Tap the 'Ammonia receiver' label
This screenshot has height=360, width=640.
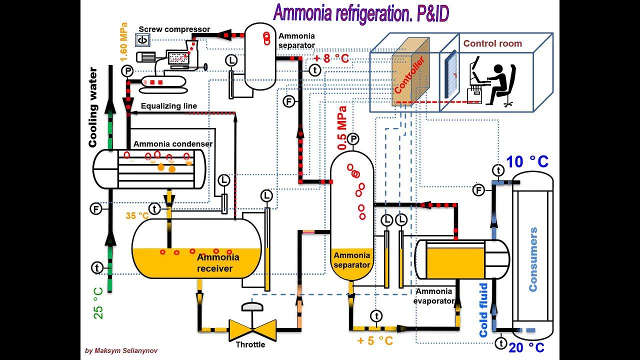pos(218,263)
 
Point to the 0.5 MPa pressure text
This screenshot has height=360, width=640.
pos(342,128)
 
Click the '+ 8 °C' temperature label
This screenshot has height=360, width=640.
pos(331,58)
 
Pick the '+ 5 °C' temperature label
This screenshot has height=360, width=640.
pos(375,341)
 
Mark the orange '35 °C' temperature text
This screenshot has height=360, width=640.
pos(137,216)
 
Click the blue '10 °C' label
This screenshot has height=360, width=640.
pos(527,161)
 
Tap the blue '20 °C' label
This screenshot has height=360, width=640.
pos(526,347)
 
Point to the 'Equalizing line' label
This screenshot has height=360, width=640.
pos(168,106)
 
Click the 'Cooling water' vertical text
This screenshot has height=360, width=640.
pos(93,107)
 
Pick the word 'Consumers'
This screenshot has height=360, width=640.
pos(533,259)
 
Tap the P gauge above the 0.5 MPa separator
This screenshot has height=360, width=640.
pos(353,139)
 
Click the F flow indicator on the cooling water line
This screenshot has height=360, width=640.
pos(96,208)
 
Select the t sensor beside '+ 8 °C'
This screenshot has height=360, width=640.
pos(314,70)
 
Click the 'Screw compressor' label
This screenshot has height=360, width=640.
pos(174,29)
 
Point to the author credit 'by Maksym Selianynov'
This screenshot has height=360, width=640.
pos(121,351)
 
